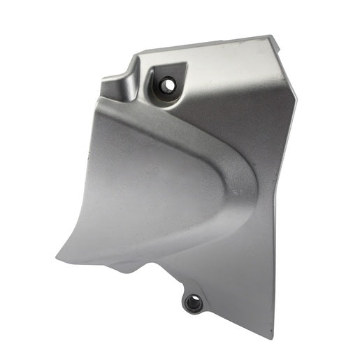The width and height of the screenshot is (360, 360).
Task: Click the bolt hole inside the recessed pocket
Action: pyautogui.click(x=168, y=85)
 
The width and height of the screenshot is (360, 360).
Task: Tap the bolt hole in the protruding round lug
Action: pyautogui.click(x=192, y=303)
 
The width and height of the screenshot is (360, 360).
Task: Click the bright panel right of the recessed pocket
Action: pyautogui.click(x=224, y=84)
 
